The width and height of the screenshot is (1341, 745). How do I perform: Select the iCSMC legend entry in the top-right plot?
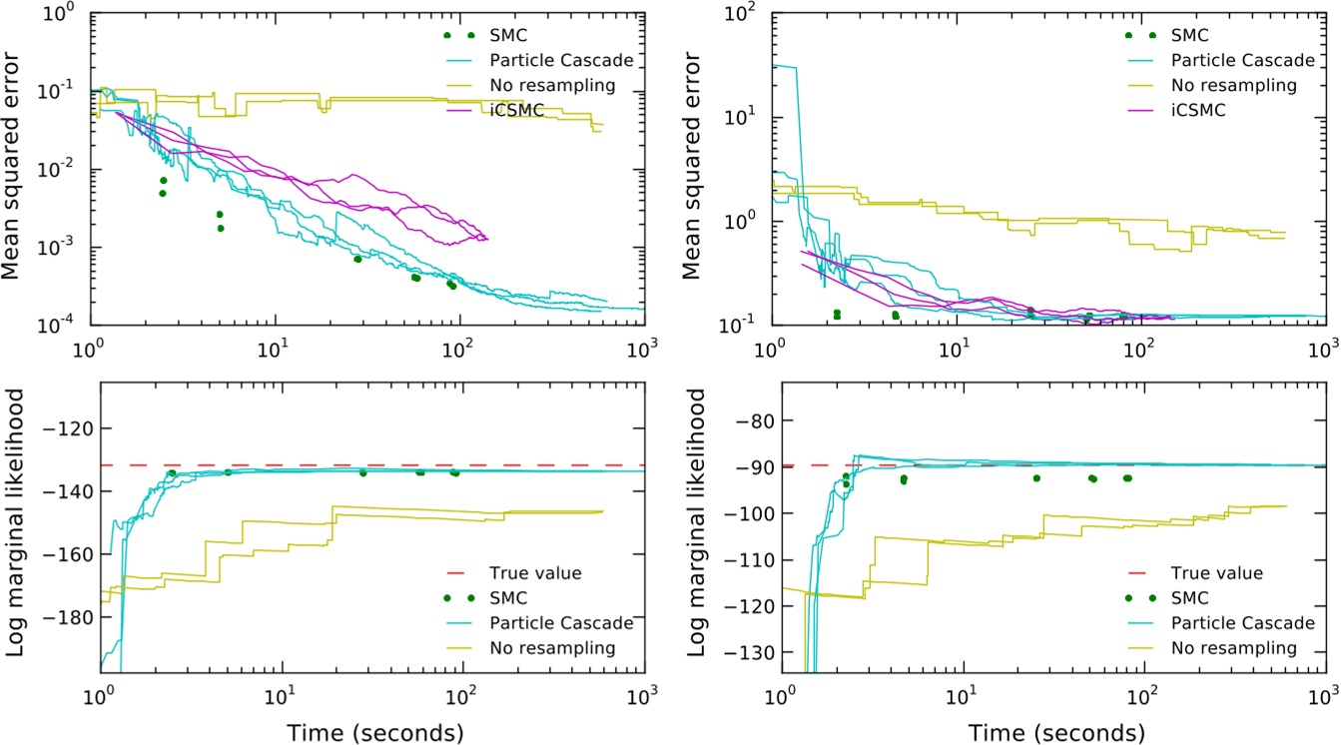click(1201, 110)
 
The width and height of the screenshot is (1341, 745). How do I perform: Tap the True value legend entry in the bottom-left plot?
click(535, 573)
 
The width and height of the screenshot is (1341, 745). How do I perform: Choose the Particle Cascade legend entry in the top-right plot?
click(1236, 60)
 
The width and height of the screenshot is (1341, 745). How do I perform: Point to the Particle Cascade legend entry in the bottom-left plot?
click(561, 623)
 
